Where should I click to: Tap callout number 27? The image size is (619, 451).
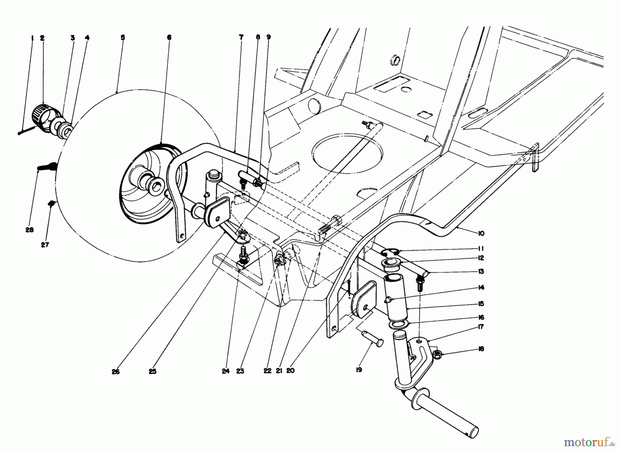point(45,245)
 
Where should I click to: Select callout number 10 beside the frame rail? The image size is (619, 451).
point(481,233)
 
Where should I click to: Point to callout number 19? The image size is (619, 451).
point(359,370)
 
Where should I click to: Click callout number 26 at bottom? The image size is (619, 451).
point(116,371)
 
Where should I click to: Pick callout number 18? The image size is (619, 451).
point(481,349)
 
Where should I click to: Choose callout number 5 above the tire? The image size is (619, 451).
point(123,38)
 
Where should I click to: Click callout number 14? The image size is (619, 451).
point(481,287)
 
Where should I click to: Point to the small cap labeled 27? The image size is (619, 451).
point(52,203)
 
